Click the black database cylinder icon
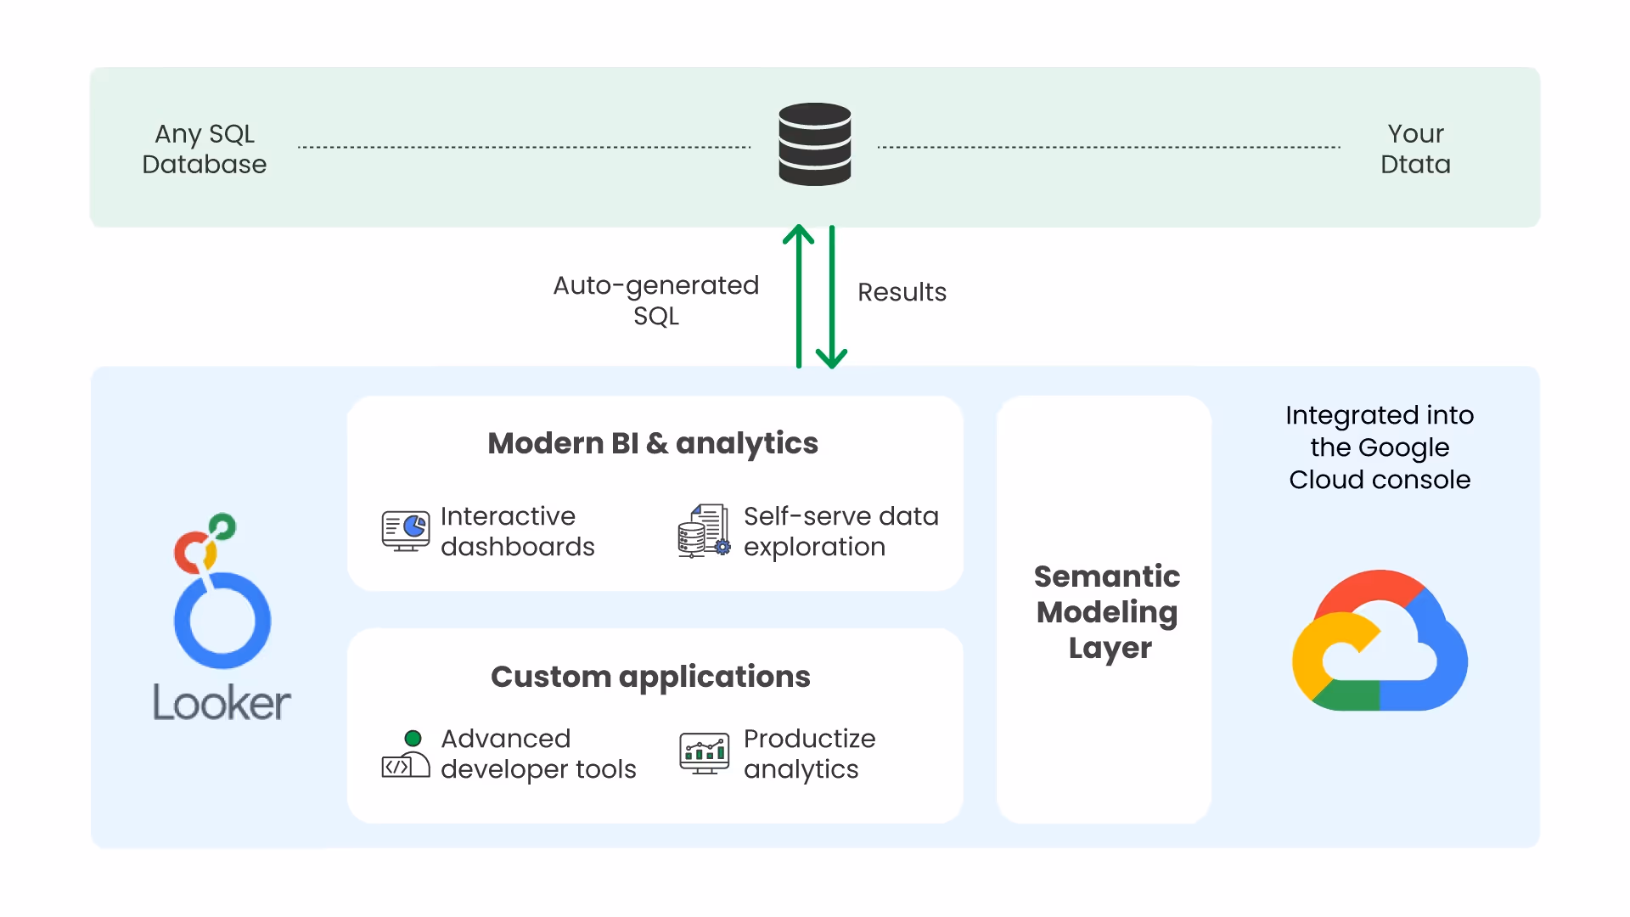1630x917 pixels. point(815,143)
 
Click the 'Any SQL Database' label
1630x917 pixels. point(205,149)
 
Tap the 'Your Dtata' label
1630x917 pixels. point(1415,149)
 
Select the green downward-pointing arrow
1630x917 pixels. point(832,297)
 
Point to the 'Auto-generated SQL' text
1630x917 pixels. point(656,300)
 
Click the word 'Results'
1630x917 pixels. point(902,292)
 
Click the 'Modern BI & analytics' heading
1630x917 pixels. point(653,443)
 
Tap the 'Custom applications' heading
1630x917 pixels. point(650,677)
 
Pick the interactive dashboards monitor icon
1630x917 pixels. point(406,531)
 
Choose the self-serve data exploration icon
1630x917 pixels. point(704,531)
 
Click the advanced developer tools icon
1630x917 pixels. point(406,757)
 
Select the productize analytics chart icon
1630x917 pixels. point(704,753)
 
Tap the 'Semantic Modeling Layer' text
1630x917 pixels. point(1107,611)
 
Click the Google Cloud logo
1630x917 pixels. point(1380,641)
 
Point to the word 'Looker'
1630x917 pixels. point(222,703)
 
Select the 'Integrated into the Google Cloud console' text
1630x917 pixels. point(1380,447)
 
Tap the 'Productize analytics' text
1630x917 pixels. point(809,754)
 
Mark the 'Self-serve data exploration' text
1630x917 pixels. point(840,532)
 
